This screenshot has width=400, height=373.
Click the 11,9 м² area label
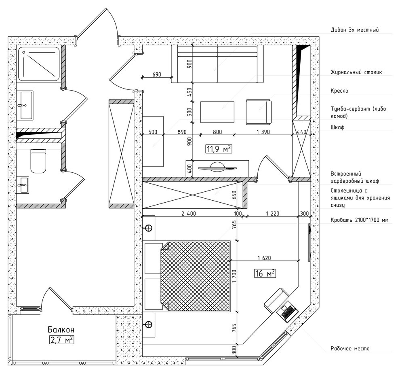pos(219,149)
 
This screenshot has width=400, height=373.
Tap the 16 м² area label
pos(265,273)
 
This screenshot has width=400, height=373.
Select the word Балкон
pos(61,330)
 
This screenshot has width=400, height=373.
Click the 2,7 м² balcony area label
pos(61,340)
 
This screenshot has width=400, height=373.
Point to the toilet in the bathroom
pos(38,161)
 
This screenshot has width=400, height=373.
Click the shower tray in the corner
pos(39,64)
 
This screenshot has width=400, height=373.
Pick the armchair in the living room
pos(259,112)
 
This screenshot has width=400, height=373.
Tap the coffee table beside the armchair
pos(217,112)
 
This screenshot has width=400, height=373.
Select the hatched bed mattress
pos(195,276)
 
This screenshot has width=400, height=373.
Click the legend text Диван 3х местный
pos(355,30)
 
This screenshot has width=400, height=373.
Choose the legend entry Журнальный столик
pos(356,72)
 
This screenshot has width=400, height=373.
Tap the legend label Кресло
pos(339,91)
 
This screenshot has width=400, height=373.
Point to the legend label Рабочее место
pos(350,348)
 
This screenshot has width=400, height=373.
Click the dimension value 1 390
pos(263,132)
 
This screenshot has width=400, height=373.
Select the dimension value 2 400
pos(189,213)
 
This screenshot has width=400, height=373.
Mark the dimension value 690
pos(157,74)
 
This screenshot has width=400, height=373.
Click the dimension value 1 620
pos(264,258)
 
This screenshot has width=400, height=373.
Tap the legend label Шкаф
pos(337,127)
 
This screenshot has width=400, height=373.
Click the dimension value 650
pos(234,195)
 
